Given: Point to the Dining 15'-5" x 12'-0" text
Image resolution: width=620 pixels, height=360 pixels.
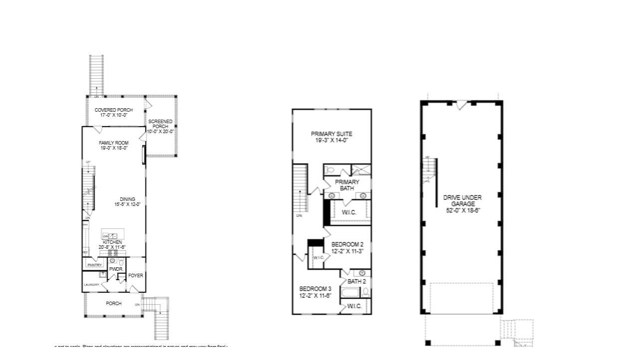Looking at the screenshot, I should (127, 201).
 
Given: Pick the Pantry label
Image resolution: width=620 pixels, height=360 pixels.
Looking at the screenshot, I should (95, 265).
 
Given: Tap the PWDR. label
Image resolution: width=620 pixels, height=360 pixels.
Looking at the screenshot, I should (116, 269).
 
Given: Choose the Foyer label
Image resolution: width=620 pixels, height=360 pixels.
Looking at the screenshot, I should (136, 275).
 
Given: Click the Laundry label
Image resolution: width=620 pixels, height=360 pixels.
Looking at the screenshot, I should (94, 285).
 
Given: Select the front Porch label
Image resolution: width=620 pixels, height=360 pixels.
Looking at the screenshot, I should (114, 303).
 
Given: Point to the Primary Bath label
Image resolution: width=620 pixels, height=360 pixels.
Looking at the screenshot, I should (347, 185).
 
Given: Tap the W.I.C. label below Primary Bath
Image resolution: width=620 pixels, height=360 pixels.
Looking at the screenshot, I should (349, 212).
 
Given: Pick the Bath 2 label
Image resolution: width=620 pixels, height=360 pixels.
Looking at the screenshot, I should (357, 282).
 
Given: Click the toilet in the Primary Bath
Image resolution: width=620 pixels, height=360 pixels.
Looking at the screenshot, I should (330, 170).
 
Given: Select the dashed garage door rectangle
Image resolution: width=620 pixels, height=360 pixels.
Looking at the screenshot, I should (461, 298).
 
